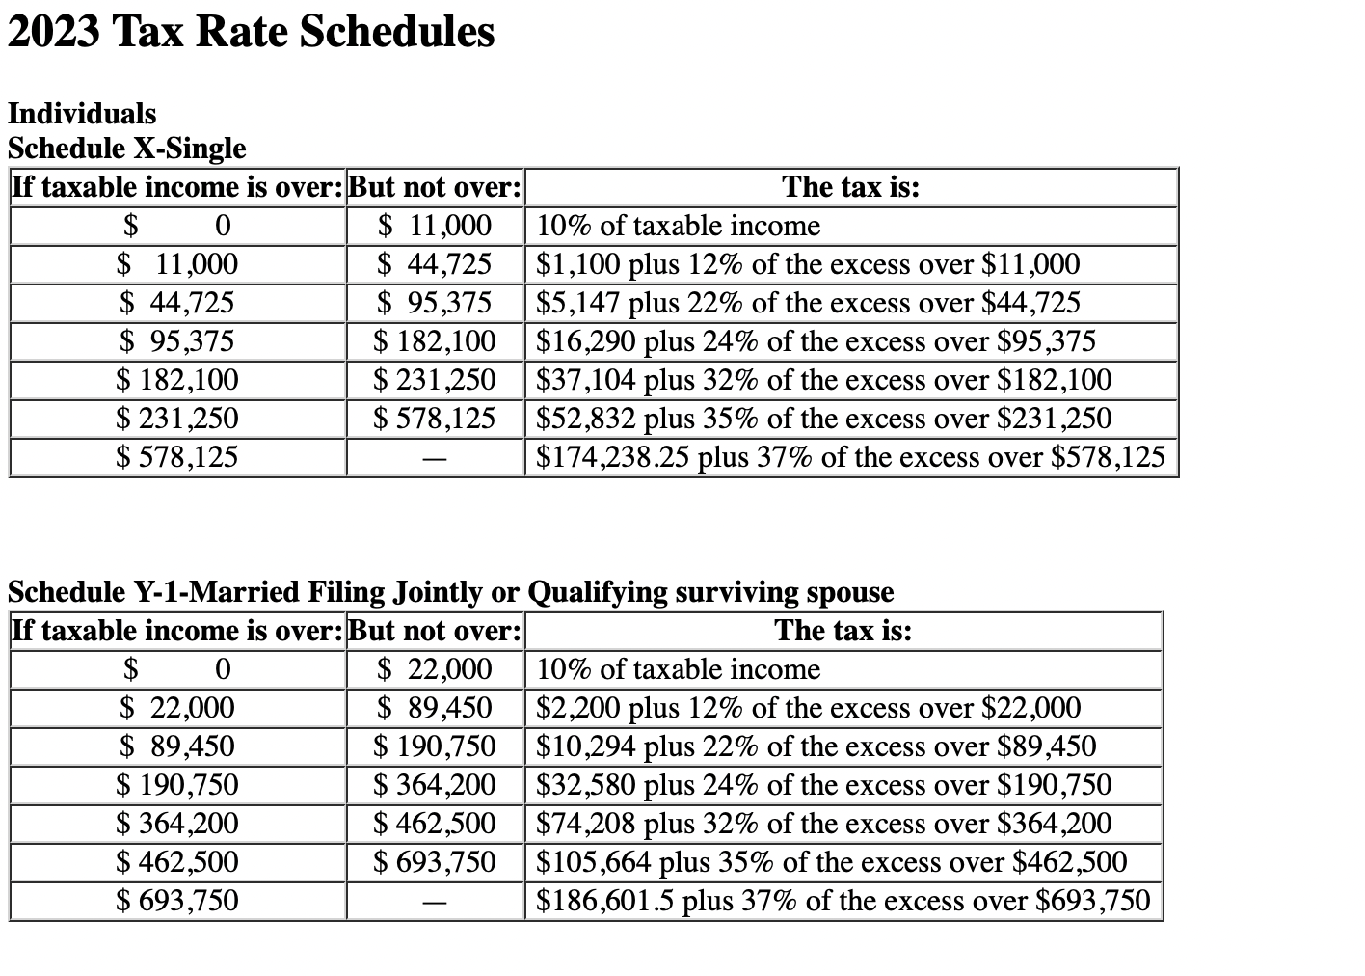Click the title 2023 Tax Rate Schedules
[251, 32]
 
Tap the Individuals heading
[82, 114]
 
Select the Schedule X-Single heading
[126, 149]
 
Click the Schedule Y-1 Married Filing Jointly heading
[450, 591]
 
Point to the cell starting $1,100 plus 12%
[808, 264]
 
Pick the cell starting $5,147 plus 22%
[808, 303]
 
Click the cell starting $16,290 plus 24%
[816, 341]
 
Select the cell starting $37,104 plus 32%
[823, 380]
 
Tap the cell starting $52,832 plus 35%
[823, 419]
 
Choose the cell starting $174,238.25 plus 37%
[850, 457]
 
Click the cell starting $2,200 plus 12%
[808, 708]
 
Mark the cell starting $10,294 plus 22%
[816, 746]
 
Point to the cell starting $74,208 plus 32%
[823, 824]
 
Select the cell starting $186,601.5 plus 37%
[843, 901]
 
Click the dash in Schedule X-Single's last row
[435, 459]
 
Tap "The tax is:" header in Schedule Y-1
[843, 631]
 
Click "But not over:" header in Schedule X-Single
[435, 187]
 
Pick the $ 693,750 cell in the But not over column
[435, 862]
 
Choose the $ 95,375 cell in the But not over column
[435, 303]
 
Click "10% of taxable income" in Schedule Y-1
[678, 669]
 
